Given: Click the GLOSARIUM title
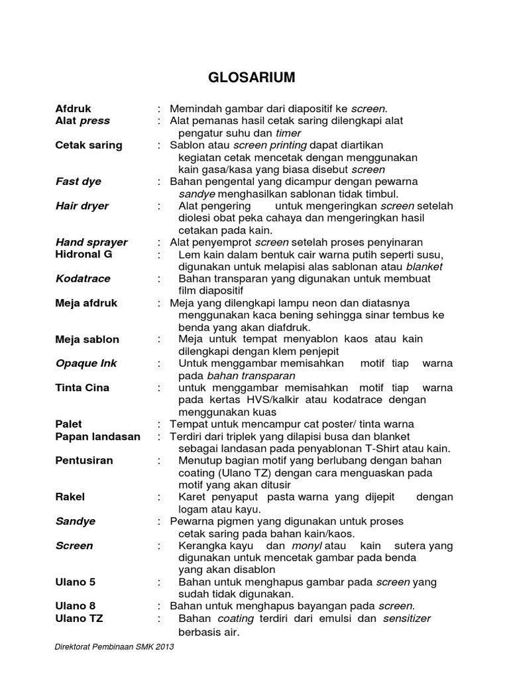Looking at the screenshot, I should coord(252,78).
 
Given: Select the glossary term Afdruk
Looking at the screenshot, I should coord(74,109).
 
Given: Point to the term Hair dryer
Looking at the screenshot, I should coord(82,206).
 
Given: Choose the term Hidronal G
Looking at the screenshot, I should coord(84,254).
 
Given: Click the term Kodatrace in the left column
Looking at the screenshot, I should coord(83,278).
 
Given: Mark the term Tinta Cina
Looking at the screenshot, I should coord(82,387).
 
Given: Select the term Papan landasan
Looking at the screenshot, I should coord(98,436).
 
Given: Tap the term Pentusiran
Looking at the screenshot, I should coord(84,460).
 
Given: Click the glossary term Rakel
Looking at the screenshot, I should coord(70,497).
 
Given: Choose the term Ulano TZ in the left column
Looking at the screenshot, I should coord(79,618).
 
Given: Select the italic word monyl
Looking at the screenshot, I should coord(307,546).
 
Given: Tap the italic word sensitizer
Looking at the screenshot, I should coord(406,618).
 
